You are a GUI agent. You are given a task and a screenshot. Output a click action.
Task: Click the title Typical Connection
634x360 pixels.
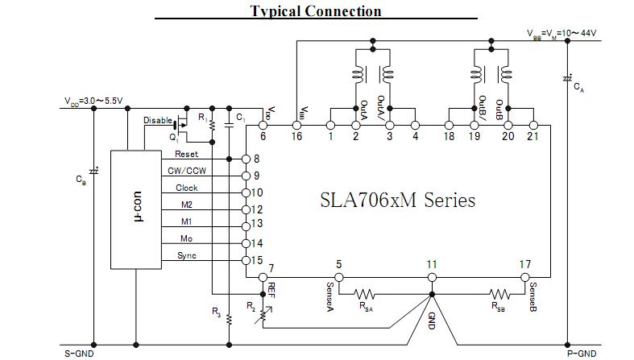316,10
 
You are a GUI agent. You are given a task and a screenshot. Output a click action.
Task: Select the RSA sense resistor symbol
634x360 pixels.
367,295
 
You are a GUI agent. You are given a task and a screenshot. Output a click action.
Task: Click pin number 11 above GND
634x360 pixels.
432,263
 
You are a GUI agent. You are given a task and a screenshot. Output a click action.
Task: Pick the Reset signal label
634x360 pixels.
186,154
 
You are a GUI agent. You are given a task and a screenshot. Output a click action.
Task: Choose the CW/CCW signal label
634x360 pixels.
186,171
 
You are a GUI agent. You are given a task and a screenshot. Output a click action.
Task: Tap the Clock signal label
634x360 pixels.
186,188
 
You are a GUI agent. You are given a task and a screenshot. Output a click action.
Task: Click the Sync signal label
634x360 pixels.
186,255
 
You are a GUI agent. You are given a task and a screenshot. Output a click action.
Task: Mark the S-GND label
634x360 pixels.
80,353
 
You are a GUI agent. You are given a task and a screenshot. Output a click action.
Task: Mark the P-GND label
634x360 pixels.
581,353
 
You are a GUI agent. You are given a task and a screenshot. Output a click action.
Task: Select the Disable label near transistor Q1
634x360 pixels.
158,121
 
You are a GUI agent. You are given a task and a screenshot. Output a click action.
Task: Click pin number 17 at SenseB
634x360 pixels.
525,263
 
